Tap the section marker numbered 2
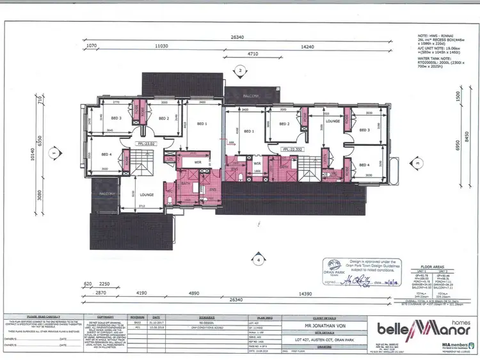(239, 70)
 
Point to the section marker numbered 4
(257, 260)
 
